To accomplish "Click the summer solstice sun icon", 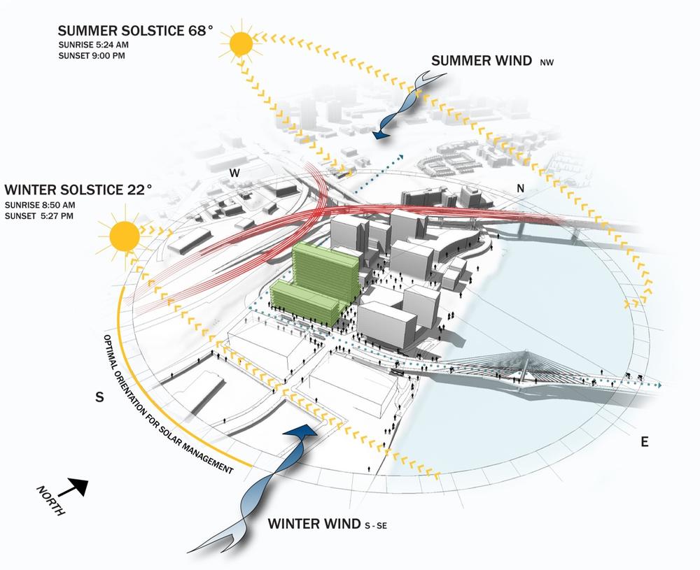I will coord(241,45).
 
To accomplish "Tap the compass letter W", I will coord(236,173).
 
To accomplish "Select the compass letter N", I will coord(520,187).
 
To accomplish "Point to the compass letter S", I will coord(99,397).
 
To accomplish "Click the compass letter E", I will coord(644,441).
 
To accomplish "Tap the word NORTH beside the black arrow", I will coord(50,500).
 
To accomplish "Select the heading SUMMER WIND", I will coord(481,61).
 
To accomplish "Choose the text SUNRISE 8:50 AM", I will coord(39,205).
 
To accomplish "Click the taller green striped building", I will coord(326,269).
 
